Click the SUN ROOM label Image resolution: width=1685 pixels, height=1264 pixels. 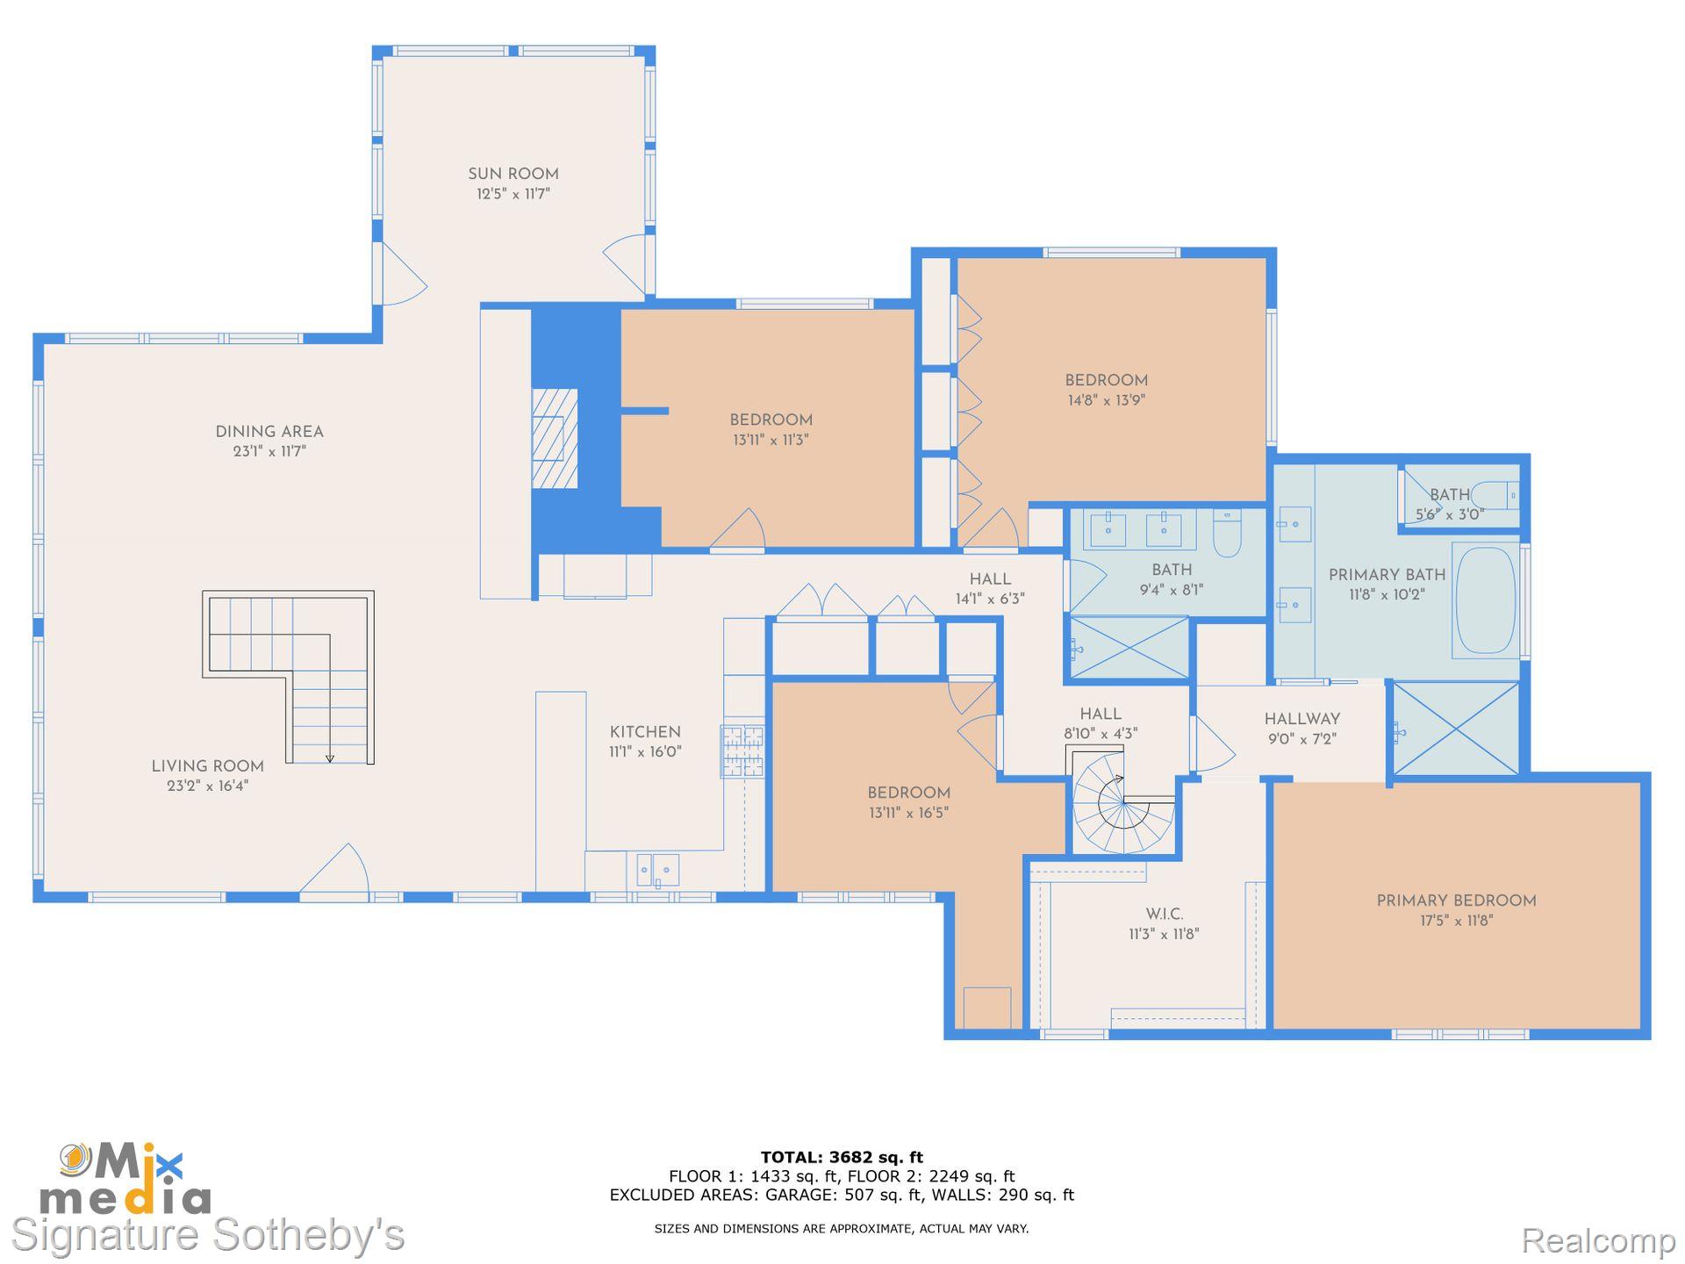pos(513,174)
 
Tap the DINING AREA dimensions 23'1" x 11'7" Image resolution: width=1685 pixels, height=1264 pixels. pos(269,451)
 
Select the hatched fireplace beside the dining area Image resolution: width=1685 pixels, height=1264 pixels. pos(555,438)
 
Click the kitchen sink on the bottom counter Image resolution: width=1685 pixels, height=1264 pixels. pos(657,870)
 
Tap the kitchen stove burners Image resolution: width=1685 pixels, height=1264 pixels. pos(742,750)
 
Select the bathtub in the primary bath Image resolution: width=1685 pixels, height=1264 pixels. pos(1486,600)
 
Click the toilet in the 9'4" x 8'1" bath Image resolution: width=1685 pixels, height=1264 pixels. pos(1227,534)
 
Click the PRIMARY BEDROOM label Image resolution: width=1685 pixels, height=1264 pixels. pos(1456,901)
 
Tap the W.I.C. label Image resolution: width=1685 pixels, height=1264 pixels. pos(1164,914)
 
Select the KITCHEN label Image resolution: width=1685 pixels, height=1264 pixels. pos(645,732)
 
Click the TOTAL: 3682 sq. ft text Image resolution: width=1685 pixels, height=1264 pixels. pos(842,1157)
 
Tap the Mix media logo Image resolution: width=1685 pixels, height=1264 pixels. pos(124,1178)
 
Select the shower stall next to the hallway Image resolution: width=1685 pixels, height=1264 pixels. pos(1456,729)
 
